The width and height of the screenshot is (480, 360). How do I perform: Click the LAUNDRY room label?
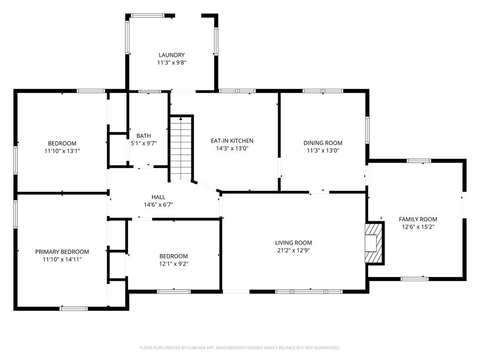(x=171, y=55)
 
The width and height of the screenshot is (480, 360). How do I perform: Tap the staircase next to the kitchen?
(x=180, y=149)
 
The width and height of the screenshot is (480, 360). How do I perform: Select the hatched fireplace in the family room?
(x=375, y=243)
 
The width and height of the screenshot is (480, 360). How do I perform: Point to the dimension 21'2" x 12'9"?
(x=293, y=250)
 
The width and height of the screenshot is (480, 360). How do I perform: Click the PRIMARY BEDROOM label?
(x=62, y=252)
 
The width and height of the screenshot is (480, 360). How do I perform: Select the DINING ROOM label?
(x=322, y=143)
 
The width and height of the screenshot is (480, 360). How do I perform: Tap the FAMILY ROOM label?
(x=418, y=219)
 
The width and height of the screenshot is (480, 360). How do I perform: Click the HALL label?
(x=158, y=197)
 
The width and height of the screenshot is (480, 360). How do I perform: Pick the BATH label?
(x=143, y=136)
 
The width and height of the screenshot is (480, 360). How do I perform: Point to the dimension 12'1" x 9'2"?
(x=173, y=263)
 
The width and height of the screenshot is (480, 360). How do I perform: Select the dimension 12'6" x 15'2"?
(x=418, y=226)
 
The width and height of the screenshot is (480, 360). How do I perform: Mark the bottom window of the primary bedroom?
(x=74, y=308)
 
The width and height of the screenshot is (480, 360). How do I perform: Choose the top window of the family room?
(x=419, y=161)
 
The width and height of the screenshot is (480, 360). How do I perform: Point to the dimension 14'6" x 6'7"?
(x=158, y=204)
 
